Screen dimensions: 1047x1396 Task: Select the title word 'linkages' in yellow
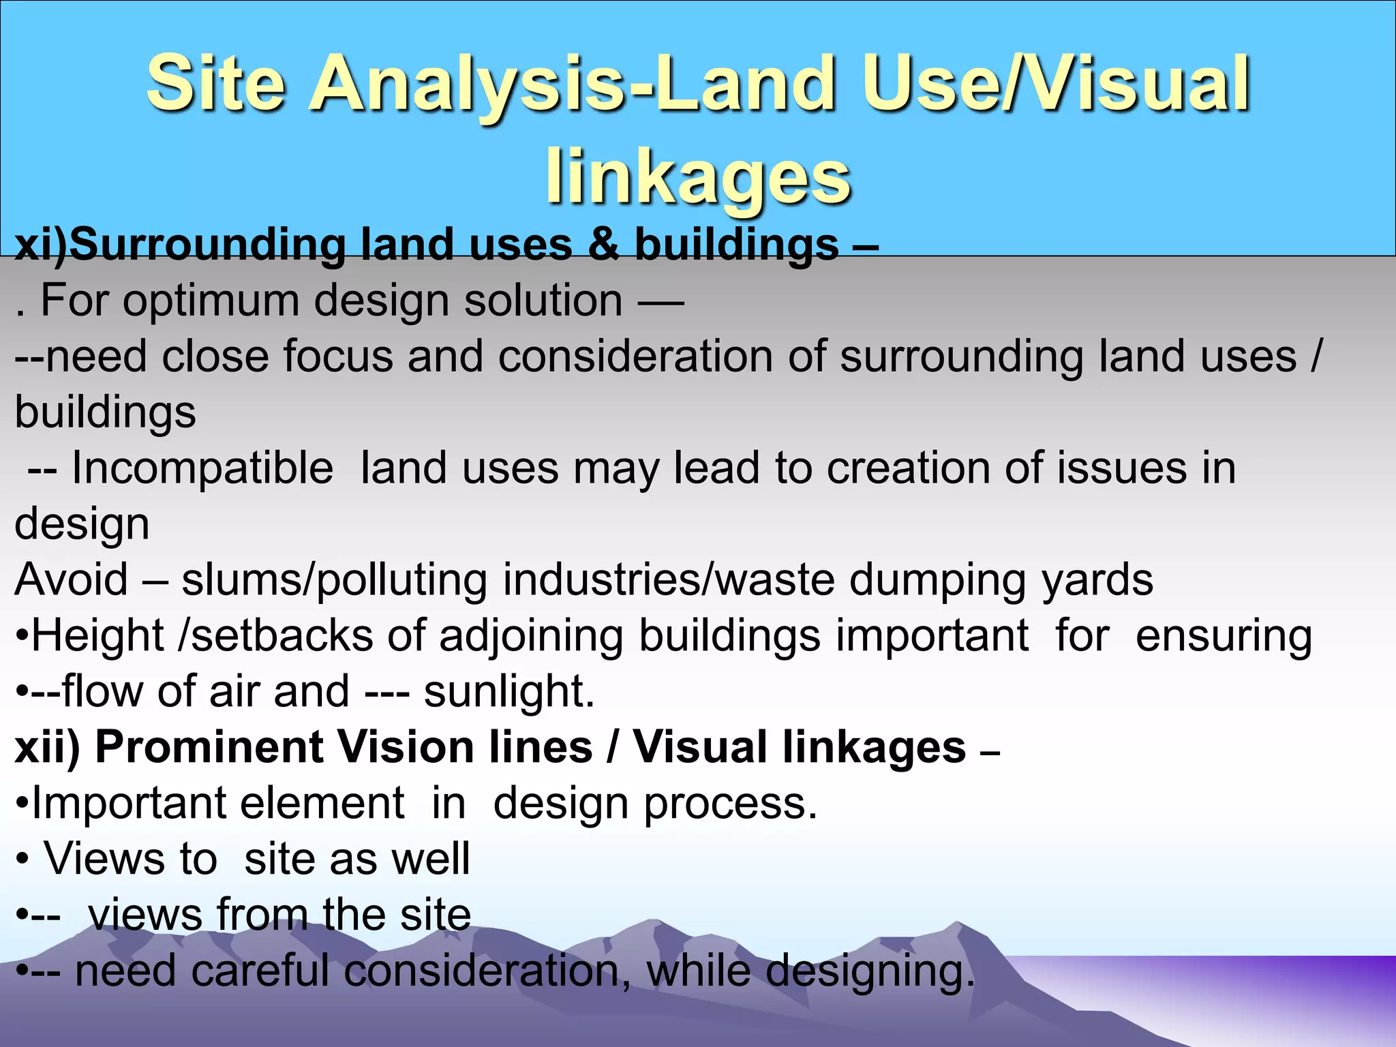698,177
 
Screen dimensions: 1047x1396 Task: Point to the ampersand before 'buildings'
603,244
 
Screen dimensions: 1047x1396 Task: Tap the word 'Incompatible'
202,468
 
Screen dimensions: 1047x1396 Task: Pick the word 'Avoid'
71,580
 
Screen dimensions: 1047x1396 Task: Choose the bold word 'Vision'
406,748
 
